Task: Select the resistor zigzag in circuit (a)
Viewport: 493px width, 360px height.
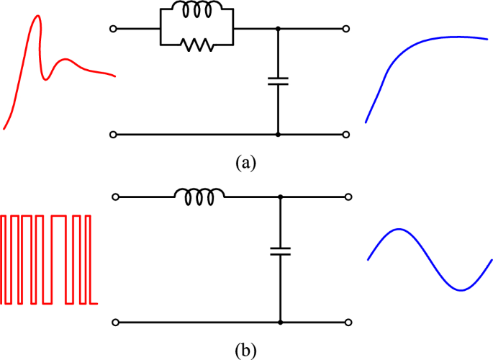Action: pyautogui.click(x=196, y=45)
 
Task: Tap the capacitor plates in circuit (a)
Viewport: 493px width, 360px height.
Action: pyautogui.click(x=278, y=81)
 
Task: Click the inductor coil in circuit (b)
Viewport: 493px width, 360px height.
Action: pyautogui.click(x=199, y=194)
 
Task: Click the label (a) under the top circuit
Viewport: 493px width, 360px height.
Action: pyautogui.click(x=245, y=162)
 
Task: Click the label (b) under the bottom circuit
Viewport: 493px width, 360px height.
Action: pyautogui.click(x=245, y=351)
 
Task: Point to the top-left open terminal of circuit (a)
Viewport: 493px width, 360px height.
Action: pyautogui.click(x=112, y=29)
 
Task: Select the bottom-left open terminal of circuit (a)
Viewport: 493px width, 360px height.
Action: pyautogui.click(x=112, y=135)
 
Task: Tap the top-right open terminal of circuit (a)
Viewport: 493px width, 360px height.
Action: pyautogui.click(x=346, y=29)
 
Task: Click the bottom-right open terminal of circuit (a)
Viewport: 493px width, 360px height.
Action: pyautogui.click(x=346, y=135)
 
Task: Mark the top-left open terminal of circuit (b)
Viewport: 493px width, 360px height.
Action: pyautogui.click(x=113, y=197)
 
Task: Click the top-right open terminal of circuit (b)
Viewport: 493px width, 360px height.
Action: pyautogui.click(x=348, y=197)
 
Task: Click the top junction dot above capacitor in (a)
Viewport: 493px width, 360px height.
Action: pyautogui.click(x=278, y=29)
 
